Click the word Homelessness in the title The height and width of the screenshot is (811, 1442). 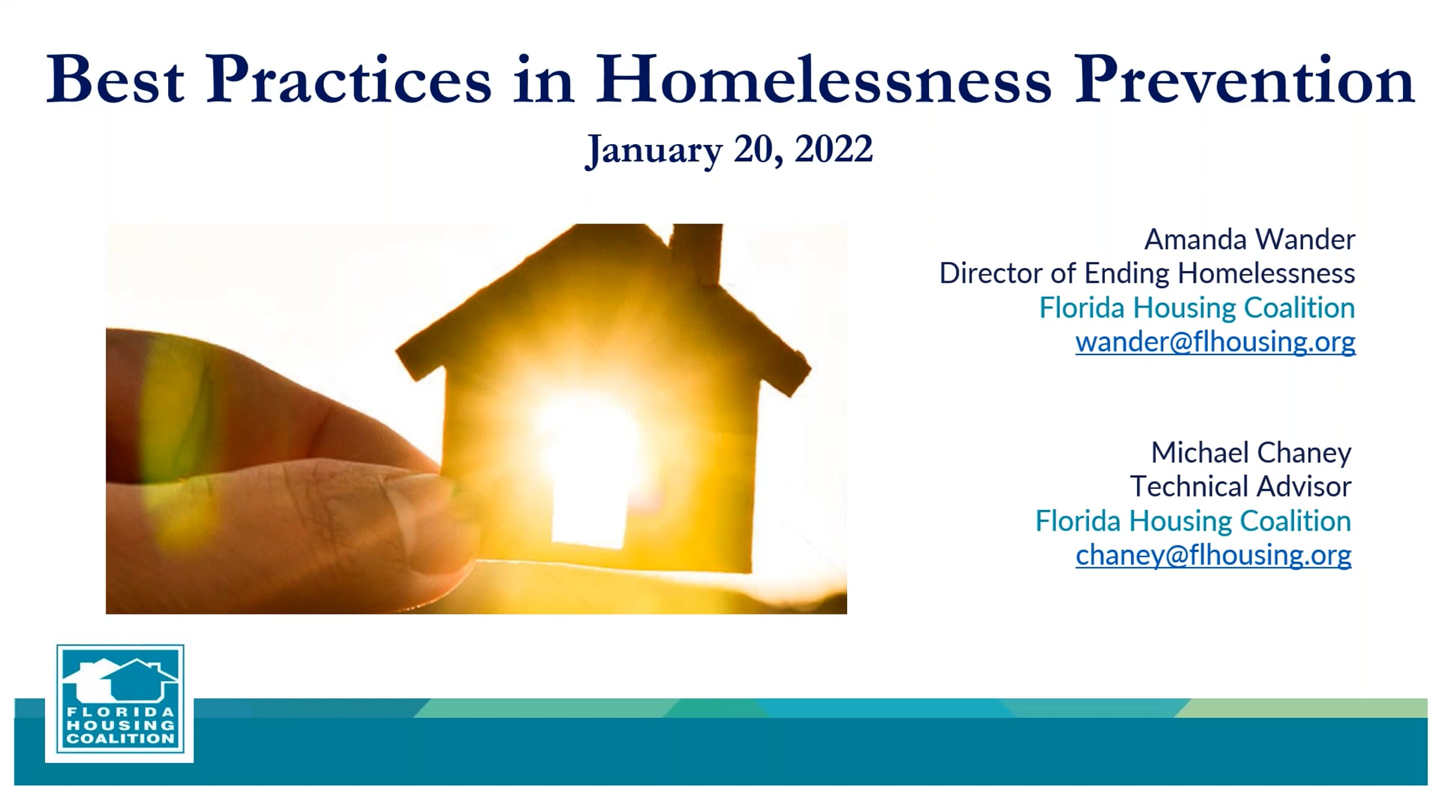(x=824, y=80)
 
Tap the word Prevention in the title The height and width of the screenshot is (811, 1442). (x=1244, y=80)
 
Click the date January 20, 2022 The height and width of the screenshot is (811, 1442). (x=729, y=150)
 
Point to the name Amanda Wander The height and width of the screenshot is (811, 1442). (x=1250, y=240)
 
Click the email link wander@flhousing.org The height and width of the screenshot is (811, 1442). (x=1215, y=342)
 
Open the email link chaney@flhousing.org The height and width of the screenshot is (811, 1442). (x=1214, y=555)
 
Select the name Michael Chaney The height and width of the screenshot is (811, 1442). (x=1251, y=453)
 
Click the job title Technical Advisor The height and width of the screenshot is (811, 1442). (x=1241, y=487)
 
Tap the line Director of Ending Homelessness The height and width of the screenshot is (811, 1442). (x=1148, y=274)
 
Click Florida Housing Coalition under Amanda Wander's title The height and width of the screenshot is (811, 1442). (x=1197, y=308)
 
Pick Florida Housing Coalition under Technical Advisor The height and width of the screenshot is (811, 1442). (x=1193, y=521)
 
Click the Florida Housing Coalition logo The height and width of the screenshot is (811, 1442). (x=120, y=703)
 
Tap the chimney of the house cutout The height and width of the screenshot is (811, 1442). (x=697, y=252)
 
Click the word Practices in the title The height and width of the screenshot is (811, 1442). (x=348, y=80)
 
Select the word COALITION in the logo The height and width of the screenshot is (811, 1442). (x=120, y=739)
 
